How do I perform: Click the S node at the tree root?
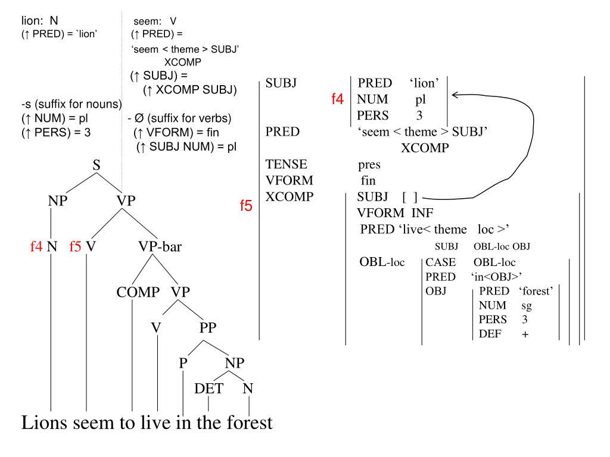(96, 165)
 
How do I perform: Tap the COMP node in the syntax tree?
(138, 292)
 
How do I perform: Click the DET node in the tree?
(208, 389)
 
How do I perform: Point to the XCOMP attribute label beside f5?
(289, 197)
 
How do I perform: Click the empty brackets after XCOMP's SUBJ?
(411, 197)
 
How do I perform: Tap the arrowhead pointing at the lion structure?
(456, 94)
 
